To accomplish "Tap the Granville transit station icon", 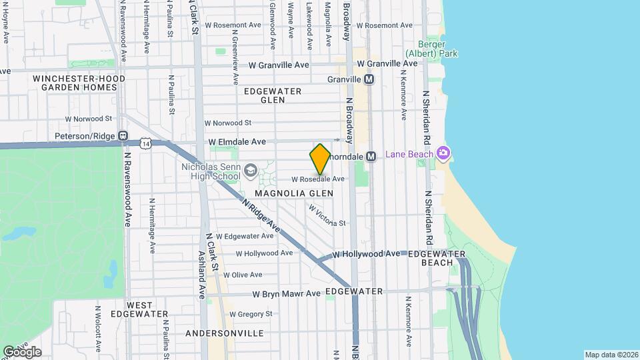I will coord(369,79).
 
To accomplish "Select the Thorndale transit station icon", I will coord(372,156).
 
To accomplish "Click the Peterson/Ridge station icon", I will coord(123,136).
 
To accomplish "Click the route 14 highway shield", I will coord(146,143).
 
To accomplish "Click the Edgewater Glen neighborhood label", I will coord(273,95).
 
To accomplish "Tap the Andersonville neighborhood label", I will coord(225,333).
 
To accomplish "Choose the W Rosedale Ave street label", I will coord(318,179).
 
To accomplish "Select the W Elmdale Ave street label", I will coord(237,142).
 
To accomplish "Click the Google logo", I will coord(22,351).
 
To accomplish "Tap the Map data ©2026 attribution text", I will coord(610,355).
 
